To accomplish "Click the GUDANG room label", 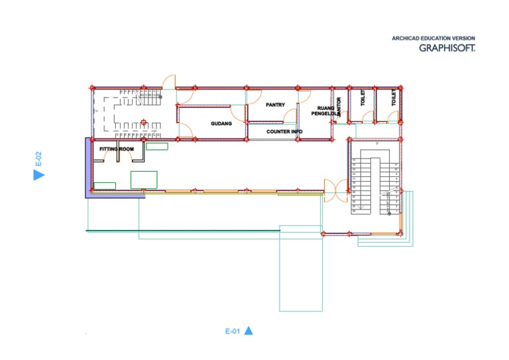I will pyautogui.click(x=221, y=123).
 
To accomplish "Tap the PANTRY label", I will pyautogui.click(x=275, y=105).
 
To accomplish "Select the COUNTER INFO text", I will pyautogui.click(x=284, y=132).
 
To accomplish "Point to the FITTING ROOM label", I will pyautogui.click(x=117, y=149).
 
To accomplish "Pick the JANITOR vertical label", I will pyautogui.click(x=339, y=107).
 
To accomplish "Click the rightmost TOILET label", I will pyautogui.click(x=393, y=98).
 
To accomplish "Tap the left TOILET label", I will pyautogui.click(x=363, y=98).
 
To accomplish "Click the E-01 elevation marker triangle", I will pyautogui.click(x=249, y=331).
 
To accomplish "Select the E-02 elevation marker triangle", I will pyautogui.click(x=38, y=174).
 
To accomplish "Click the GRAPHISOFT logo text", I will pyautogui.click(x=447, y=48).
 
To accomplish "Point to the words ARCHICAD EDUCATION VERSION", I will pyautogui.click(x=433, y=38).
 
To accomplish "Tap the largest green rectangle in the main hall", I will pyautogui.click(x=144, y=180).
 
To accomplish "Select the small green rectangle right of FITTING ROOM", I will pyautogui.click(x=156, y=146).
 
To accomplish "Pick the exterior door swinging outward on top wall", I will pyautogui.click(x=170, y=81).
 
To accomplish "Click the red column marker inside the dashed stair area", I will pyautogui.click(x=143, y=122).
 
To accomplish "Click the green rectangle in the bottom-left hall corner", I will pyautogui.click(x=105, y=186).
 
